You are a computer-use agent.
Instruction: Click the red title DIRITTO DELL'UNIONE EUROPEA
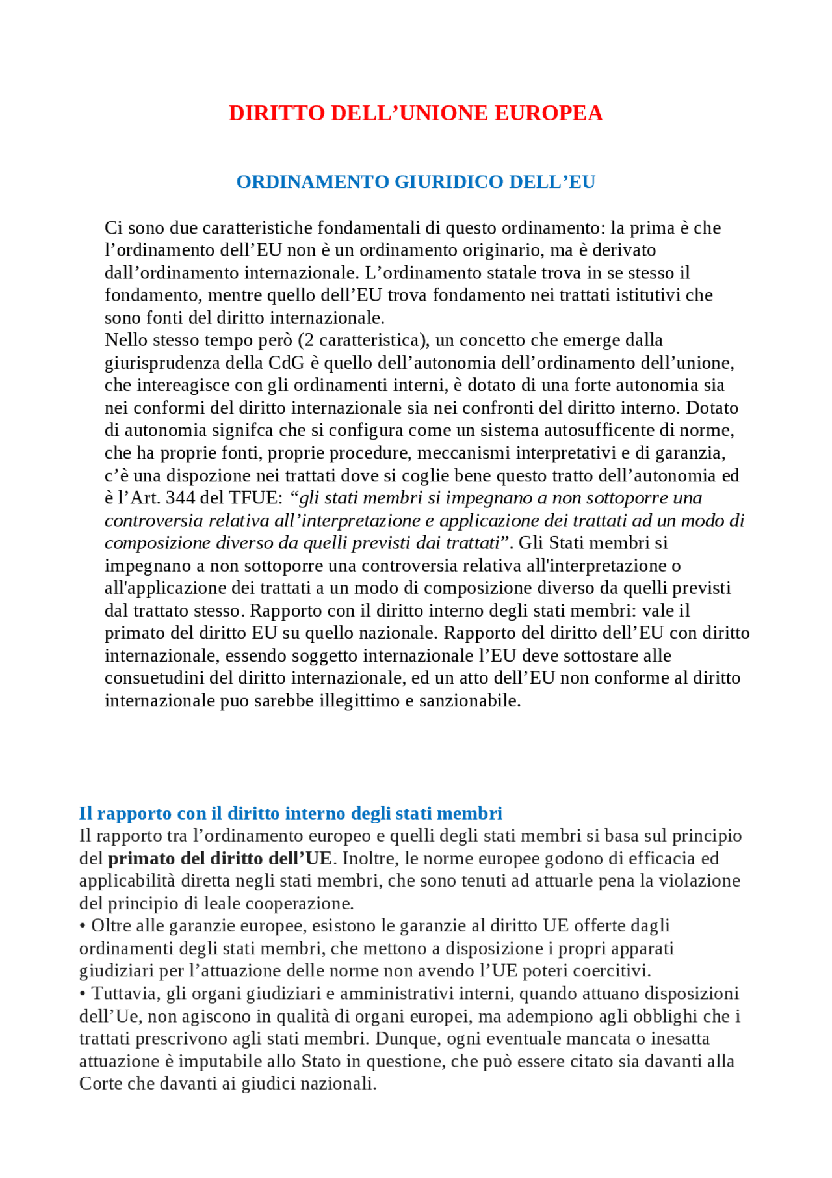click(415, 113)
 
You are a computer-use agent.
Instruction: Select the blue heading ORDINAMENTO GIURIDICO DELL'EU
click(415, 181)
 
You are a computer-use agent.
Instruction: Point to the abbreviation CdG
click(286, 363)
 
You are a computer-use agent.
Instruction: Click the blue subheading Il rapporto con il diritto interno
click(291, 814)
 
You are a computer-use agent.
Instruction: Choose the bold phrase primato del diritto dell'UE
click(220, 859)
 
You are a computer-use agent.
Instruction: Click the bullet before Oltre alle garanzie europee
click(83, 926)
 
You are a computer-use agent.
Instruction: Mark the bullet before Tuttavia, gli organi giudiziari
click(83, 994)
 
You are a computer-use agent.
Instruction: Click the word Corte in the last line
click(100, 1084)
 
